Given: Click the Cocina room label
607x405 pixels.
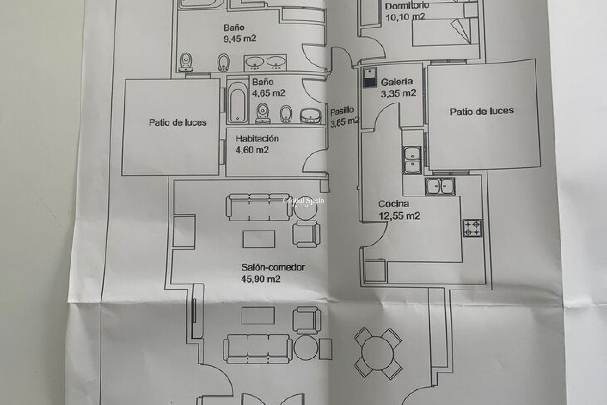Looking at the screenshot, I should click(394, 204).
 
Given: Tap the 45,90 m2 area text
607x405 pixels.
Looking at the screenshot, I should click(261, 279).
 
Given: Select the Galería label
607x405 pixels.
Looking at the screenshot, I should click(397, 82).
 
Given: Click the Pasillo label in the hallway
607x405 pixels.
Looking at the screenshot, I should click(342, 111).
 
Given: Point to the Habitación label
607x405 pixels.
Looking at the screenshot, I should click(257, 139).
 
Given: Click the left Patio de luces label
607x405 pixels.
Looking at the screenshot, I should click(177, 122).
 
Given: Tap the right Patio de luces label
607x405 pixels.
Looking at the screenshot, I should click(481, 111).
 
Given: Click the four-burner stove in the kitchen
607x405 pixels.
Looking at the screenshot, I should click(472, 228).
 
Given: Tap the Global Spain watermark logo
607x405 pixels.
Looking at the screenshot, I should click(303, 201).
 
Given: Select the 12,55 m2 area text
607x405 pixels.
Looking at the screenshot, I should click(399, 216).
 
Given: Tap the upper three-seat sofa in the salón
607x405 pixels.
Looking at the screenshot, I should click(259, 208).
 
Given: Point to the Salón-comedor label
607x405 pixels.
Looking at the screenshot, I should click(273, 267).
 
